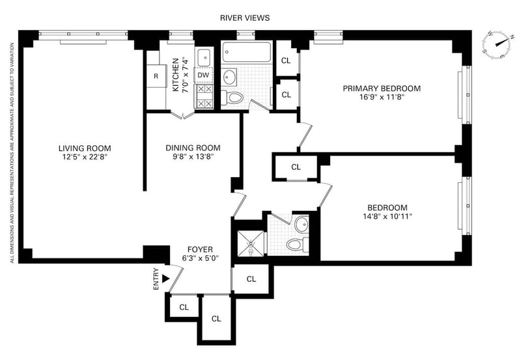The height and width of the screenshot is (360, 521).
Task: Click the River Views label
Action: (x=245, y=18)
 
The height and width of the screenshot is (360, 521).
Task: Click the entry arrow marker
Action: (x=166, y=279)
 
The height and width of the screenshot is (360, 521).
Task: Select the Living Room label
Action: (x=85, y=148)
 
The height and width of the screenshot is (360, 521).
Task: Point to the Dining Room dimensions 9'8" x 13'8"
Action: (x=193, y=157)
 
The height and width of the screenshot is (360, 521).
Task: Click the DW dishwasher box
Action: (x=203, y=75)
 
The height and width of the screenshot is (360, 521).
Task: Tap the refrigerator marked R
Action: (x=156, y=76)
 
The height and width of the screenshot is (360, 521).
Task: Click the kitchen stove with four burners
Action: (x=203, y=96)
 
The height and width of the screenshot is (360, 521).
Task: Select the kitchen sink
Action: (x=203, y=57)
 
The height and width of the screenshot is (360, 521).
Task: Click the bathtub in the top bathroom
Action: (x=246, y=51)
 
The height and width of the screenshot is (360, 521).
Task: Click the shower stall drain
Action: (x=250, y=243)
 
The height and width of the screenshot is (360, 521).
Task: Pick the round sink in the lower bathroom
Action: (x=302, y=225)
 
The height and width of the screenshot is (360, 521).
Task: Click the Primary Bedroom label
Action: (x=382, y=89)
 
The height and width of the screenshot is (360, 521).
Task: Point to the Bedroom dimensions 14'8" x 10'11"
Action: (x=387, y=217)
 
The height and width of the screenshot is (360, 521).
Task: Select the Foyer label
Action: (x=200, y=249)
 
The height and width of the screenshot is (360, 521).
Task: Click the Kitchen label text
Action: (x=176, y=75)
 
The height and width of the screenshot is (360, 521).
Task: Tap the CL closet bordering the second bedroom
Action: (x=296, y=167)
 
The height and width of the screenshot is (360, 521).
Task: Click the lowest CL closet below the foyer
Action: (x=216, y=318)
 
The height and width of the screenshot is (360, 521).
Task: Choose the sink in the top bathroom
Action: (x=229, y=77)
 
